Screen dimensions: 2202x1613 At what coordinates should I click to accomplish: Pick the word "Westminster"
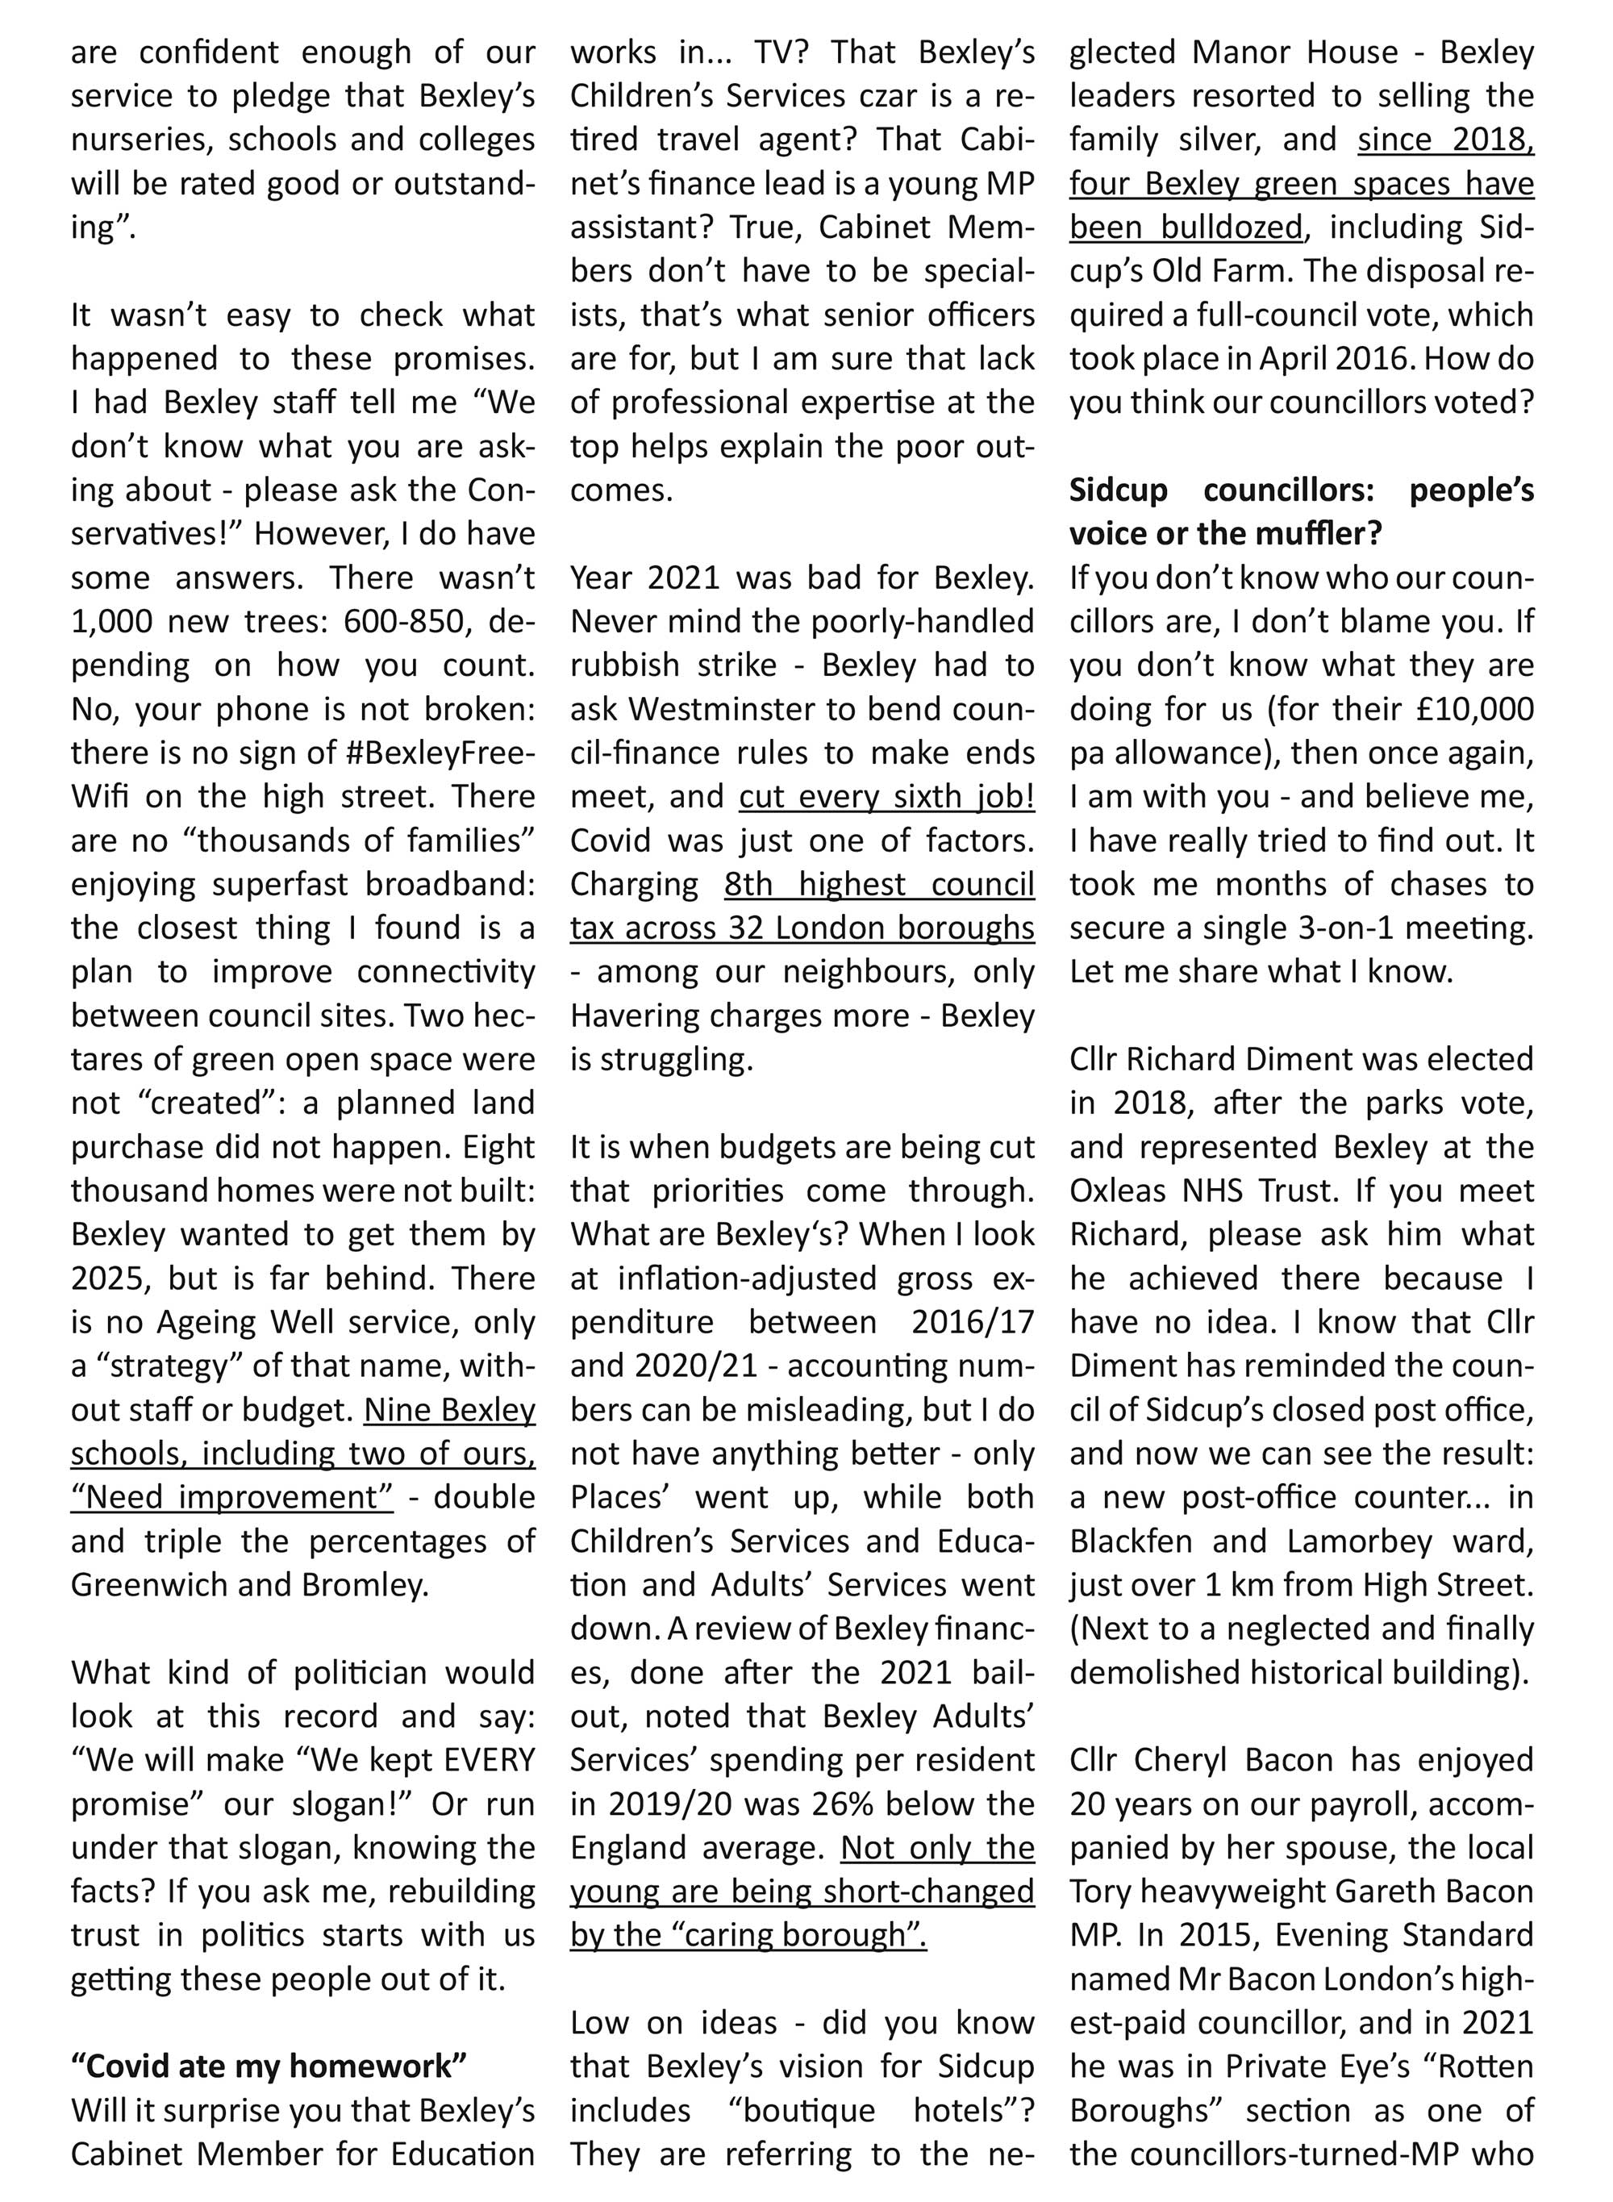pyautogui.click(x=718, y=709)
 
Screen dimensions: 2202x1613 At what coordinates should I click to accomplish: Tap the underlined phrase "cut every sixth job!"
pyautogui.click(x=886, y=797)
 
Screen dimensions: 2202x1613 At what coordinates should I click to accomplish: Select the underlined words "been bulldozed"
pyautogui.click(x=1186, y=227)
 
